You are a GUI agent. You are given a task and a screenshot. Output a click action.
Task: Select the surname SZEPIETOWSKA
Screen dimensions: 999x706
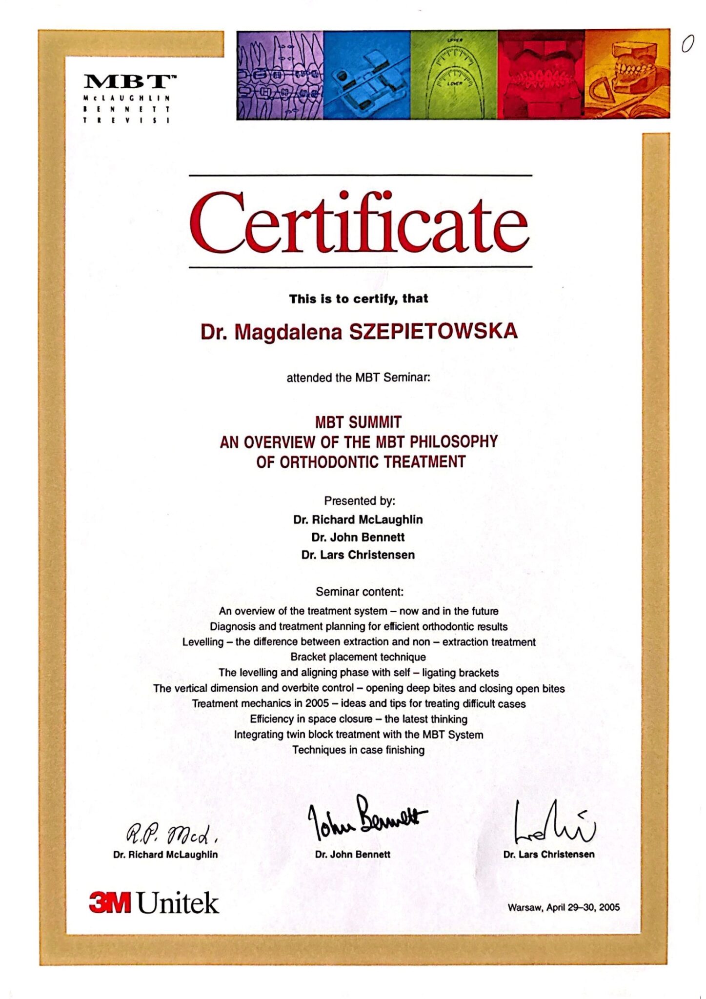click(x=433, y=332)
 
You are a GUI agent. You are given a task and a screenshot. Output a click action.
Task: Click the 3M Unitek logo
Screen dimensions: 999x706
click(x=154, y=903)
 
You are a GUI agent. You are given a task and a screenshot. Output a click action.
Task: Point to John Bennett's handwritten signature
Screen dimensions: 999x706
click(x=366, y=819)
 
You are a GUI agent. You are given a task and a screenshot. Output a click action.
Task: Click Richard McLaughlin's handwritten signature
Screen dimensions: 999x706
click(x=171, y=835)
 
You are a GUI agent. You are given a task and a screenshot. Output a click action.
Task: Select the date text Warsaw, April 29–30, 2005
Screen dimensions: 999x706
click(x=564, y=907)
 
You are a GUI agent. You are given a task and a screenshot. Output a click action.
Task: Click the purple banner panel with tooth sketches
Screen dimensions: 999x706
click(x=280, y=75)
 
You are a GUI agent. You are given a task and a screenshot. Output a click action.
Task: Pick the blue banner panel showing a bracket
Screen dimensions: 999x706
click(x=367, y=75)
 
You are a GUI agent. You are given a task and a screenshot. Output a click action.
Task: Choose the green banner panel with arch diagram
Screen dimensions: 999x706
click(x=454, y=75)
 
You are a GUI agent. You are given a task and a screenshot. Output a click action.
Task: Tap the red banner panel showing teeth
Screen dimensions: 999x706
click(x=541, y=75)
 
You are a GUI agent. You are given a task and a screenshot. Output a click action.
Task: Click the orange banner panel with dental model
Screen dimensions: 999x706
click(x=627, y=75)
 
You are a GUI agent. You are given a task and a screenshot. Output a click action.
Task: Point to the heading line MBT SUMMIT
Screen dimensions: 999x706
click(x=358, y=422)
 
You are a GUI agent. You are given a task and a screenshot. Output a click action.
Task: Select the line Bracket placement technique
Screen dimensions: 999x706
click(x=358, y=657)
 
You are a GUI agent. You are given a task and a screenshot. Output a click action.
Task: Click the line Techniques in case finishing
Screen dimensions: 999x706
click(x=358, y=750)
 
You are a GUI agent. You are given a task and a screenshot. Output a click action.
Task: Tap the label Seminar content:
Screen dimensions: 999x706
click(x=360, y=592)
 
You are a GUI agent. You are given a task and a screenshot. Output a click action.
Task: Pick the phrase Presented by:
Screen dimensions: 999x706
click(x=360, y=500)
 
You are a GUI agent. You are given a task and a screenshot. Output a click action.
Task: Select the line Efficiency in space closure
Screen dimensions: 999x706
click(x=359, y=719)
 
